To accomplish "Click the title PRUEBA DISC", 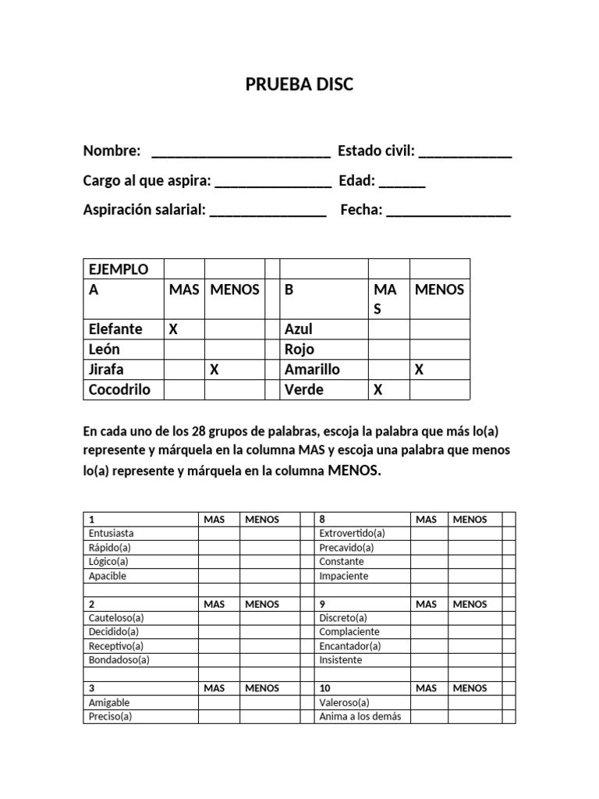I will pyautogui.click(x=299, y=84).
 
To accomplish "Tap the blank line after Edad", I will pyautogui.click(x=403, y=183).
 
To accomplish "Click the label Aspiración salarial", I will pyautogui.click(x=144, y=210).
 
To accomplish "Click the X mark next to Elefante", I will pyautogui.click(x=174, y=329).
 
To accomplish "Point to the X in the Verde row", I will pyautogui.click(x=378, y=390).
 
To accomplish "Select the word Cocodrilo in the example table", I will pyautogui.click(x=119, y=389).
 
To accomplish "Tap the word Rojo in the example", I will pyautogui.click(x=299, y=350).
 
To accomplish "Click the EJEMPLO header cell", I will pyautogui.click(x=119, y=269).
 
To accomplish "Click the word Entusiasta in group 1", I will pyautogui.click(x=112, y=533).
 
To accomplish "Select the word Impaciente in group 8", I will pyautogui.click(x=343, y=576).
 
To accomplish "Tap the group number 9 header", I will pyautogui.click(x=322, y=604).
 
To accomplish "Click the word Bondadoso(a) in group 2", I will pyautogui.click(x=119, y=660).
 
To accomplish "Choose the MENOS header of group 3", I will pyautogui.click(x=262, y=688).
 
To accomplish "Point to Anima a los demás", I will pyautogui.click(x=360, y=716).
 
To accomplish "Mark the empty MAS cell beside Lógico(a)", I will pyautogui.click(x=218, y=562).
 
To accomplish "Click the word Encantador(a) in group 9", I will pyautogui.click(x=349, y=646).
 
